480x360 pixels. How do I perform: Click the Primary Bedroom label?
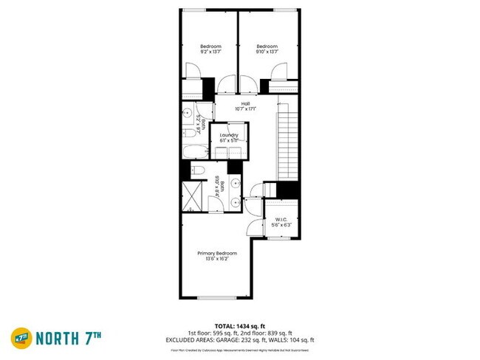[x=217, y=253]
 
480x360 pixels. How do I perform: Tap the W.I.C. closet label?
[x=281, y=219]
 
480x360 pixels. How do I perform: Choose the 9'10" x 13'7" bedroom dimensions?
[x=267, y=52]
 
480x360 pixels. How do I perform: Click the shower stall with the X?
[x=193, y=197]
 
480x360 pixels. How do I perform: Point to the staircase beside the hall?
[x=287, y=140]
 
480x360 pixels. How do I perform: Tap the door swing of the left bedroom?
[x=191, y=72]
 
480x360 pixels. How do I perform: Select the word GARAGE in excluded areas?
[x=238, y=339]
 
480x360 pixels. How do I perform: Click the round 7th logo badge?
[x=21, y=338]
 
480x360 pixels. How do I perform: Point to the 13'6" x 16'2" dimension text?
[x=217, y=260]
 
